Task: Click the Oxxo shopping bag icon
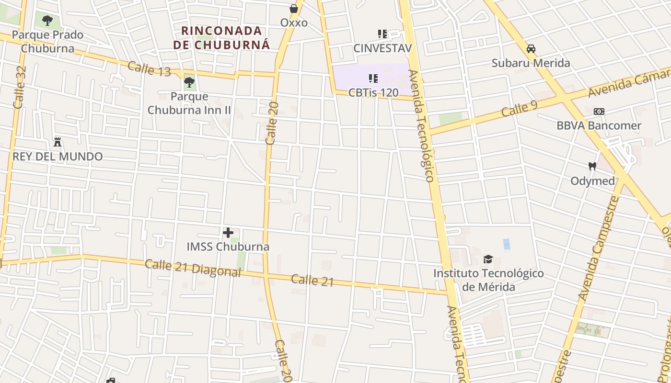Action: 294,9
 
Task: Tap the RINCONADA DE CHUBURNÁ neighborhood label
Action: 222,38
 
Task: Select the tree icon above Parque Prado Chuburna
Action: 47,21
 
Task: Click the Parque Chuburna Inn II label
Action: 189,103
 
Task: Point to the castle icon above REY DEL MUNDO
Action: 58,142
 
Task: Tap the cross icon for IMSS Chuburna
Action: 228,233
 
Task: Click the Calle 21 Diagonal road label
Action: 193,268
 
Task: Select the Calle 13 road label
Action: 149,68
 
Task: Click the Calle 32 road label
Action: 20,87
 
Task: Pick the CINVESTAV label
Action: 382,48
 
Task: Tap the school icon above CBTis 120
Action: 373,78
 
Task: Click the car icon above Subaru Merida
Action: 531,49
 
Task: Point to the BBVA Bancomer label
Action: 599,125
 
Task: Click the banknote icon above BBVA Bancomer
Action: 599,112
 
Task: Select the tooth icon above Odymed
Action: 592,167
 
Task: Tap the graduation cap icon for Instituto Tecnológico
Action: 488,259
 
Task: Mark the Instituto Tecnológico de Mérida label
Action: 488,280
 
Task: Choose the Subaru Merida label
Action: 531,63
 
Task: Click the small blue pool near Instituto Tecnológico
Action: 507,244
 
